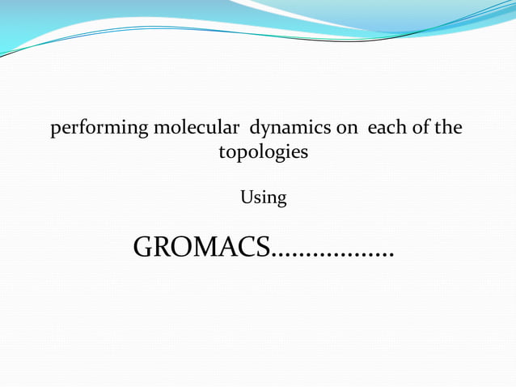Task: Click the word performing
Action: (x=88, y=129)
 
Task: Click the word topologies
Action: (x=264, y=152)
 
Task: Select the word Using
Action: (x=264, y=198)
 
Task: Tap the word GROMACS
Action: (x=201, y=248)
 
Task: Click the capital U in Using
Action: (x=247, y=197)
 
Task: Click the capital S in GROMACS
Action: (x=261, y=248)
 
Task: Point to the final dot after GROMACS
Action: (x=391, y=257)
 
